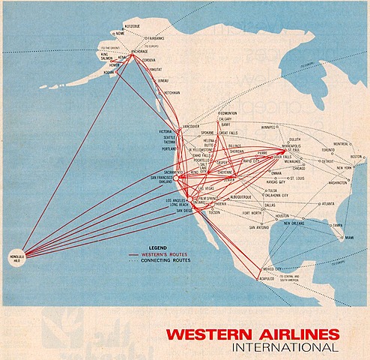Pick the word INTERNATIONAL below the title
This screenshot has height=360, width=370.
(x=284, y=347)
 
